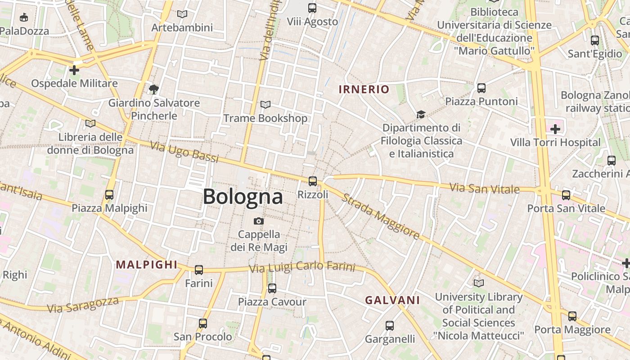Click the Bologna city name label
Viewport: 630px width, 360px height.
(x=243, y=197)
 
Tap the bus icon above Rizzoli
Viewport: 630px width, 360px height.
(x=312, y=181)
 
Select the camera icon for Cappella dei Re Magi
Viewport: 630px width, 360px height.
(x=258, y=221)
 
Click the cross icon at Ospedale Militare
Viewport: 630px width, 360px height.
(x=74, y=70)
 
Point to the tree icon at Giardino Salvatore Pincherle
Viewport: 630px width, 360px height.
(x=154, y=89)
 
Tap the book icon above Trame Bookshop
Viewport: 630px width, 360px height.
(x=265, y=105)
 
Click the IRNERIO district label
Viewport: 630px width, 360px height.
(x=364, y=89)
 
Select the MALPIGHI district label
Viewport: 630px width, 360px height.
(x=147, y=265)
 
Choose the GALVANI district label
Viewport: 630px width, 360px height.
(x=392, y=300)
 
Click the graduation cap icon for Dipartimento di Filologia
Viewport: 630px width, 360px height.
(x=421, y=114)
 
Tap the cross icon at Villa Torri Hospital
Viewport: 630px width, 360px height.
(x=555, y=129)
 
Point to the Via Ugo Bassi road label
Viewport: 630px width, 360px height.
(x=184, y=152)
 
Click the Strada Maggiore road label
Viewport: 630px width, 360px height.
(x=381, y=216)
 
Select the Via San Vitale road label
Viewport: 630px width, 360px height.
(x=485, y=188)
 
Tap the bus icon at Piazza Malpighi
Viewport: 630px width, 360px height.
(x=109, y=195)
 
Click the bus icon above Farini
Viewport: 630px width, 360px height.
(x=199, y=270)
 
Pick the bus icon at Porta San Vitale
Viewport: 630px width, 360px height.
(x=566, y=195)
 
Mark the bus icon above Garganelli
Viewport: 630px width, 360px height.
(x=390, y=325)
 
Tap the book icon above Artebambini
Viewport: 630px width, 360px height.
(x=182, y=14)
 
